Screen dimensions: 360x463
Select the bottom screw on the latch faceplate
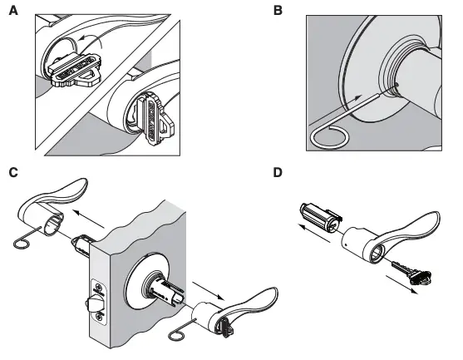pos(100,315)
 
